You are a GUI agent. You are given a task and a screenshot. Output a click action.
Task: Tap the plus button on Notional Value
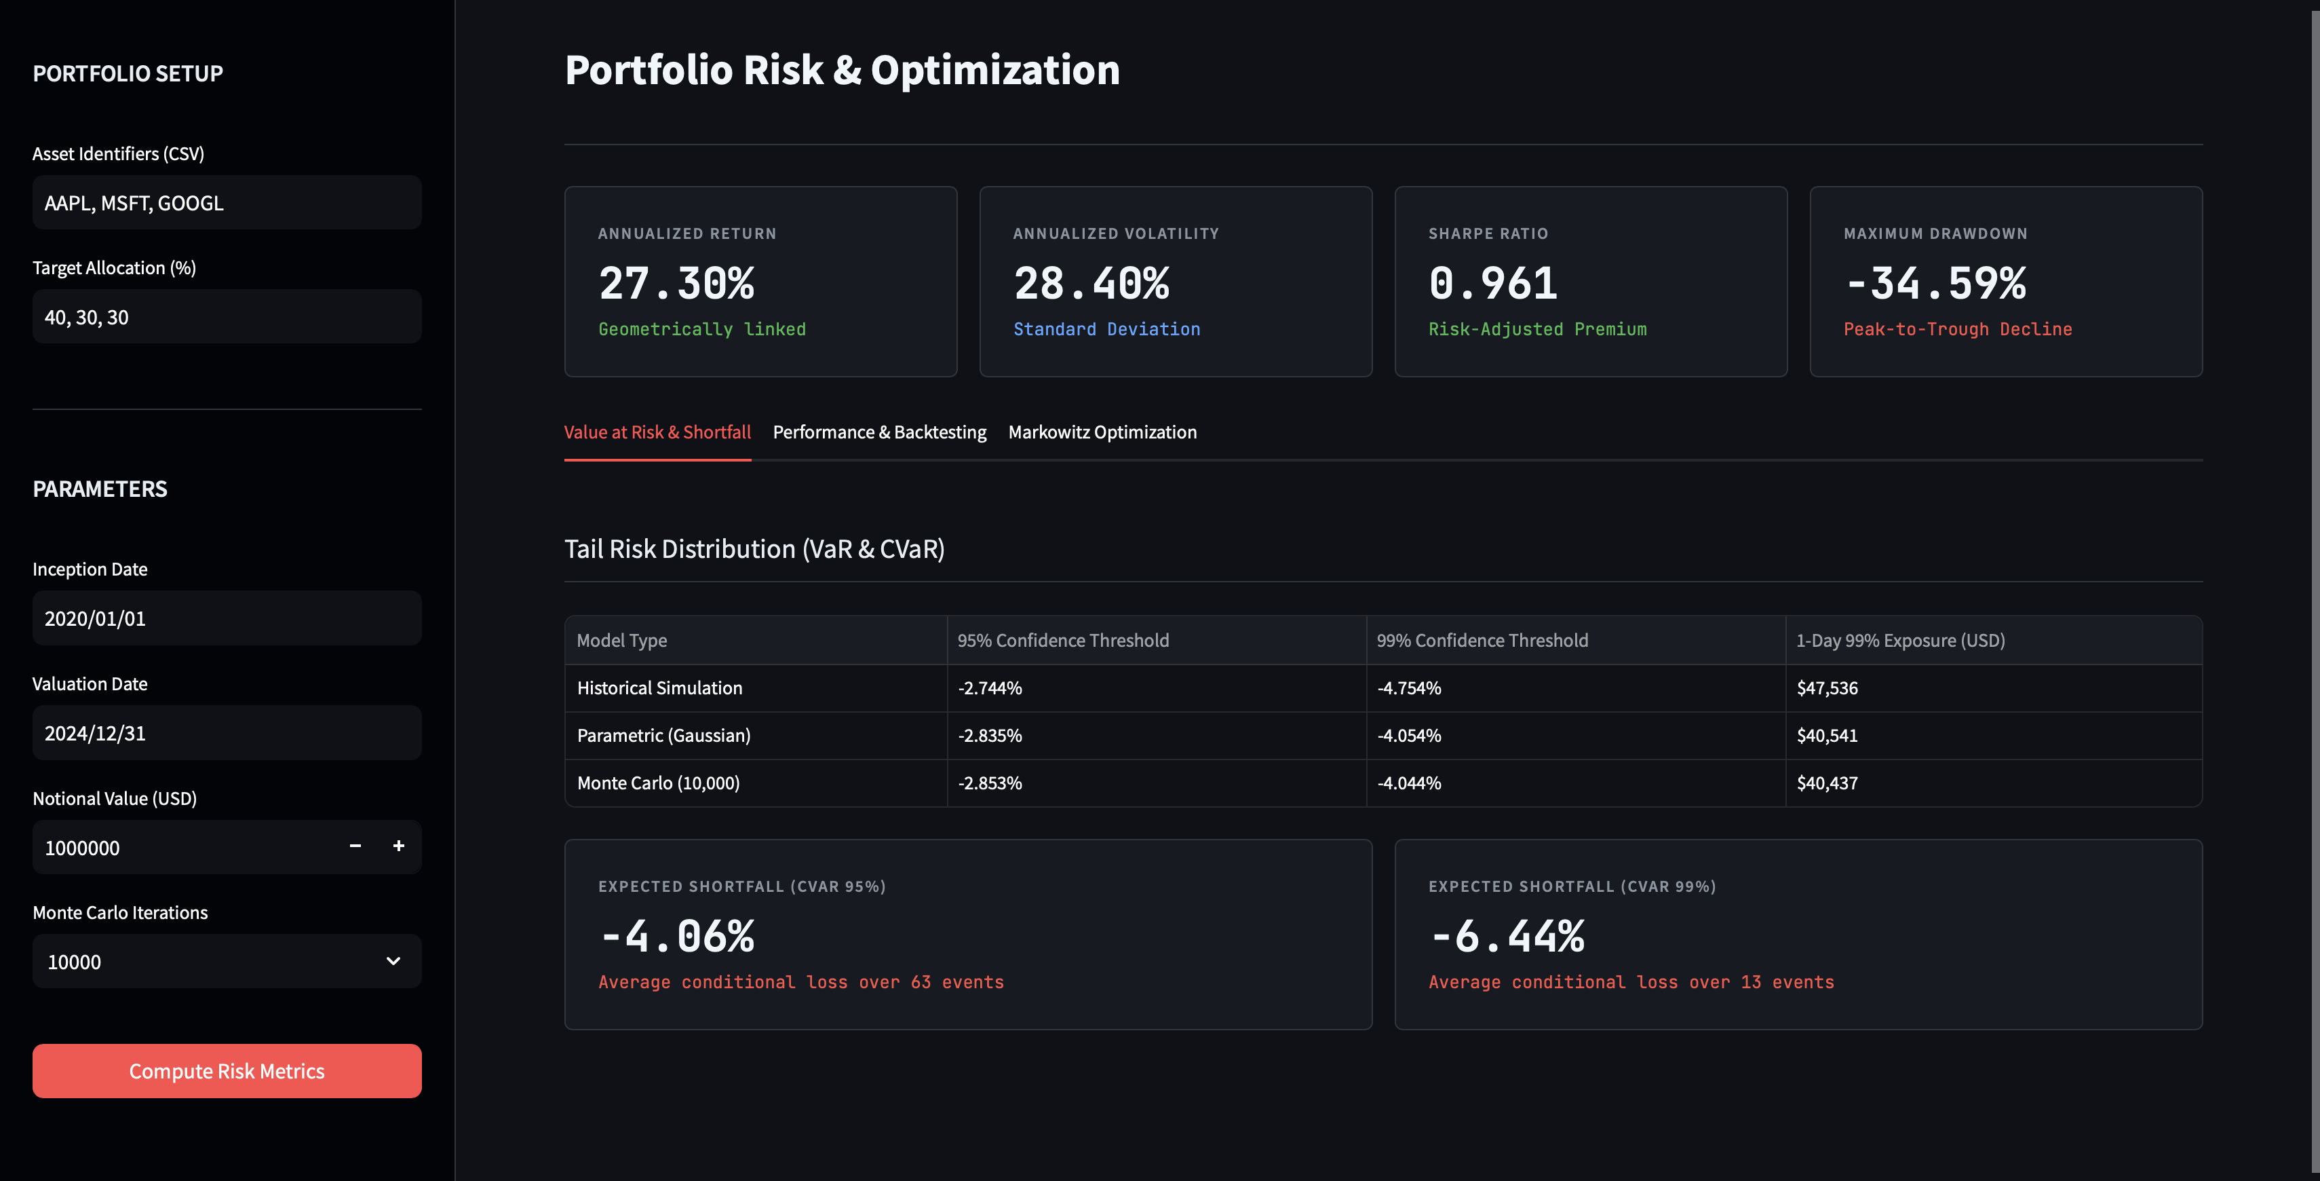pyautogui.click(x=398, y=846)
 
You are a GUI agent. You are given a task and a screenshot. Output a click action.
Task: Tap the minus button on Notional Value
pyautogui.click(x=355, y=846)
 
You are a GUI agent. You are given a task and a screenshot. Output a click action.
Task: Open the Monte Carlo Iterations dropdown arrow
pyautogui.click(x=393, y=961)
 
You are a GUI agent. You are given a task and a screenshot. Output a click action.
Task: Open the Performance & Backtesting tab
pyautogui.click(x=879, y=432)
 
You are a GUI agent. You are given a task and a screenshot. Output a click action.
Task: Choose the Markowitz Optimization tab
pyautogui.click(x=1102, y=432)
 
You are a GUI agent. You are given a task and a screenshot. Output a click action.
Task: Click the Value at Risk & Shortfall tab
pyautogui.click(x=657, y=432)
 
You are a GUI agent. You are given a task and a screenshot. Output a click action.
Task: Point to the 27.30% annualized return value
pyautogui.click(x=676, y=284)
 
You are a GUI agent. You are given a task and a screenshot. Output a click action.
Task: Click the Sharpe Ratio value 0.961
pyautogui.click(x=1492, y=284)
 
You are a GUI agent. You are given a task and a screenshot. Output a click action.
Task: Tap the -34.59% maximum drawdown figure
pyautogui.click(x=1935, y=284)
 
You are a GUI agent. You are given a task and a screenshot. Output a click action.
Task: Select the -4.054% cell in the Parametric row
pyautogui.click(x=1408, y=736)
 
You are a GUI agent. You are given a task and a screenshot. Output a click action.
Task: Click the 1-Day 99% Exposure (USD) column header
pyautogui.click(x=1899, y=641)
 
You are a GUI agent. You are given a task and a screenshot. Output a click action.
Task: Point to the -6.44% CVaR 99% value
pyautogui.click(x=1506, y=937)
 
